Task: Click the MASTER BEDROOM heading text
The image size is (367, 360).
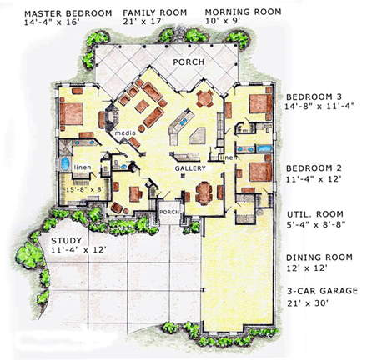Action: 68,13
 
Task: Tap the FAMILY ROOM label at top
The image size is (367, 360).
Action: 155,12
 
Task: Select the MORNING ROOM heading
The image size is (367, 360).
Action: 243,12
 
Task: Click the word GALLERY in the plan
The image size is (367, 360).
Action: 190,168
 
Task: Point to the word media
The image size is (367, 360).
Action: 125,132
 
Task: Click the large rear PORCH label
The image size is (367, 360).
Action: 189,62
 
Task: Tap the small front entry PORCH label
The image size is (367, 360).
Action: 169,212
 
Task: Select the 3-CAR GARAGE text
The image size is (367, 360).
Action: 322,291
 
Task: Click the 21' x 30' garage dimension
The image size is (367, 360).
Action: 308,303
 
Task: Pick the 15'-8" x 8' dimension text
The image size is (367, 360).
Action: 85,189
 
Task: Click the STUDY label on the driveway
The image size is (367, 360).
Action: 66,241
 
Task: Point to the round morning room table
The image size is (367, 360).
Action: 205,98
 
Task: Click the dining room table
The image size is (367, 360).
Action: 204,192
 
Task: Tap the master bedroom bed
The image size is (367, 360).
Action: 71,113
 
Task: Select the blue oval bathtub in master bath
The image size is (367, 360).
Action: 65,163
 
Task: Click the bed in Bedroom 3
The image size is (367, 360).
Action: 260,103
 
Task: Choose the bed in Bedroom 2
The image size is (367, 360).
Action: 260,172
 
